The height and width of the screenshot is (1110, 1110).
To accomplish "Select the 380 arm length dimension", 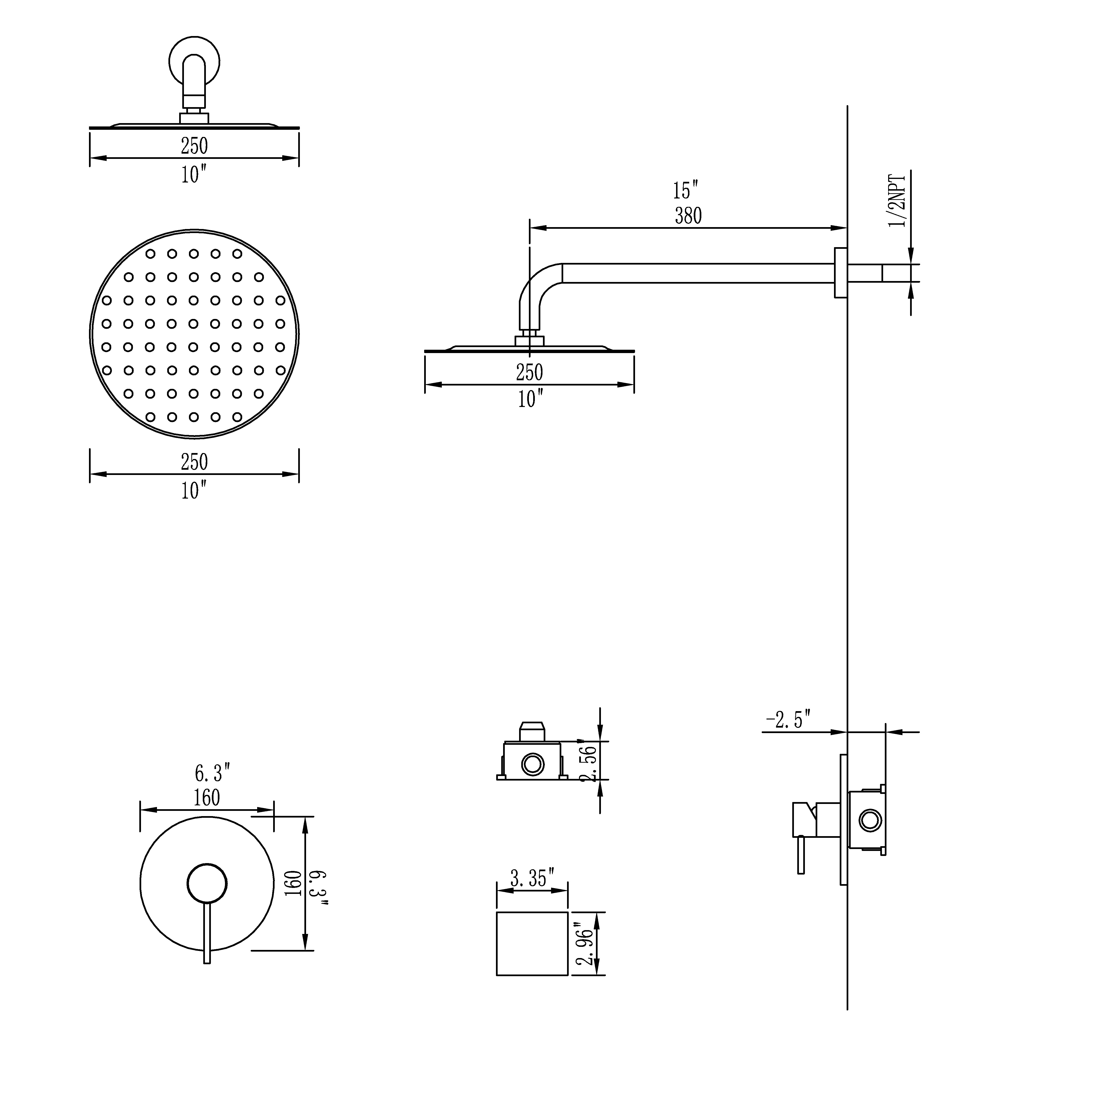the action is point(688,216).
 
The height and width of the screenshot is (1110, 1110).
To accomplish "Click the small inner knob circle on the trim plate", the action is point(207,883).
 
